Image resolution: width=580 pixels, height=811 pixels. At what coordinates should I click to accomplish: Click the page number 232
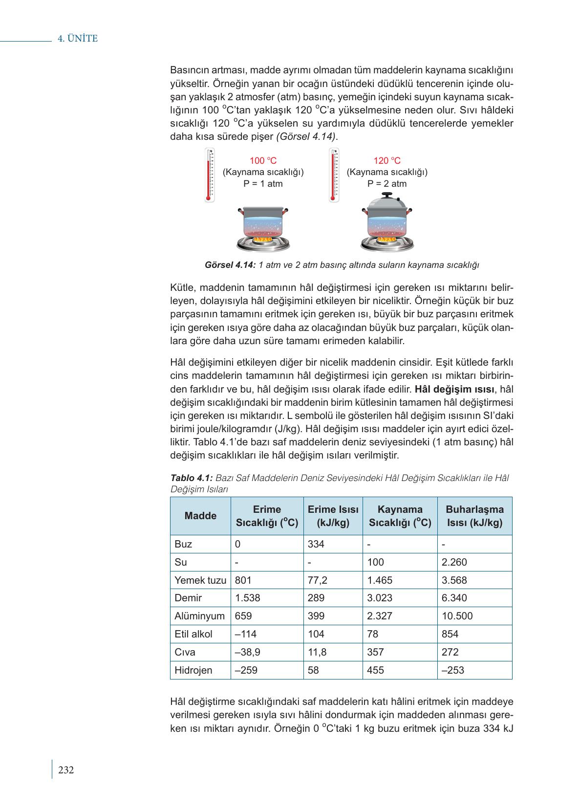[x=65, y=770]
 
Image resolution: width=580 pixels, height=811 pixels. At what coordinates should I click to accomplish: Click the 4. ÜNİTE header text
[x=78, y=39]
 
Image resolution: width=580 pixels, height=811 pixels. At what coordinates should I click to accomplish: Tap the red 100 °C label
[x=263, y=161]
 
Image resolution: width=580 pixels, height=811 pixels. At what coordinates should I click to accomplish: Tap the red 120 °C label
[x=387, y=161]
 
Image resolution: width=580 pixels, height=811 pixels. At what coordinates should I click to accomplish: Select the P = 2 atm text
[x=387, y=184]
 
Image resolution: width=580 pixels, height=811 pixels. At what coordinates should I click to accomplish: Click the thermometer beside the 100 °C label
[x=209, y=175]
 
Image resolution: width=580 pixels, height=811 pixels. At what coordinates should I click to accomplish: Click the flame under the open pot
[x=262, y=240]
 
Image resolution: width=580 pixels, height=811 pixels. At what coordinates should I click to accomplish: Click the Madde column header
[x=200, y=516]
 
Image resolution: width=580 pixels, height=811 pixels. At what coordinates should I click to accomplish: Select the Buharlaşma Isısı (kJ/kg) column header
[x=474, y=516]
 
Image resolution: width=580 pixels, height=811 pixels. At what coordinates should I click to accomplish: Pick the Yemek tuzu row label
[x=200, y=580]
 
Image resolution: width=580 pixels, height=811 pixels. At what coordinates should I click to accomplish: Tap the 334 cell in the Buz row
[x=316, y=544]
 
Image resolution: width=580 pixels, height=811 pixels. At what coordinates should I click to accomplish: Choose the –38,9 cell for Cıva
[x=247, y=652]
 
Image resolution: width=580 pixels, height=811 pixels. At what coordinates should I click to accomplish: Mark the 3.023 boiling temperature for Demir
[x=380, y=598]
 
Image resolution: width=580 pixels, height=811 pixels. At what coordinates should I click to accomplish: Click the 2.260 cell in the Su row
[x=454, y=562]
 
